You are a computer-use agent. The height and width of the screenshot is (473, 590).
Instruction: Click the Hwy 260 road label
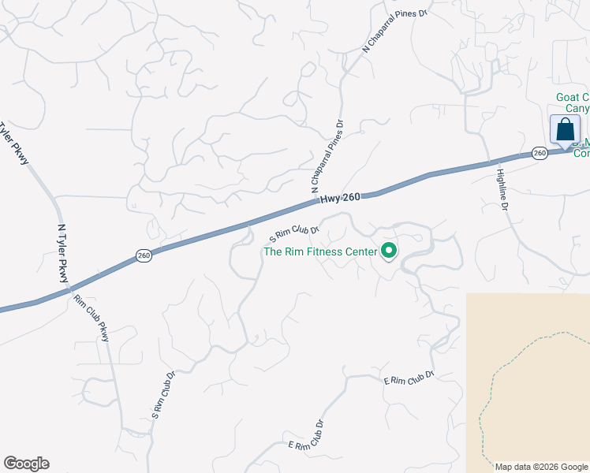(341, 199)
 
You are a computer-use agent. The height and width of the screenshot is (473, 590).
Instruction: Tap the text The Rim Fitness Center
(319, 251)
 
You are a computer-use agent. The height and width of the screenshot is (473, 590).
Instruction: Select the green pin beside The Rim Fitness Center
(389, 251)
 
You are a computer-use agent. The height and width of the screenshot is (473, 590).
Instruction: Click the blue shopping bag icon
(565, 129)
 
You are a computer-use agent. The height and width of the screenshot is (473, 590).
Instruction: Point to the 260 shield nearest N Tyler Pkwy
(143, 255)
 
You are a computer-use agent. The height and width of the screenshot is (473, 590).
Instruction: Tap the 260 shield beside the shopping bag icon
(540, 153)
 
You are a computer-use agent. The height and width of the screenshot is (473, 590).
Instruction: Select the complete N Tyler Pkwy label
(62, 252)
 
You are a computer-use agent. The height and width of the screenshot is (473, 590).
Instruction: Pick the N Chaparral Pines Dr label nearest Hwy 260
(328, 157)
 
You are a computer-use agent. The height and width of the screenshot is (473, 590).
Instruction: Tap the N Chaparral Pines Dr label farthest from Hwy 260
(394, 31)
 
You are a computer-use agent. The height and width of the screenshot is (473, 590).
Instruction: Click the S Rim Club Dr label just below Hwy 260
(293, 233)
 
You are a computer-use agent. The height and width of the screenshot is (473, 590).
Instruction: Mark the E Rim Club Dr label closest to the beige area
(409, 378)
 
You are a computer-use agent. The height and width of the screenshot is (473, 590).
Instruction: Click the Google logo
(26, 464)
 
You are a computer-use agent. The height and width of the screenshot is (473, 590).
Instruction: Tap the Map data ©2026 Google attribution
(541, 467)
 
